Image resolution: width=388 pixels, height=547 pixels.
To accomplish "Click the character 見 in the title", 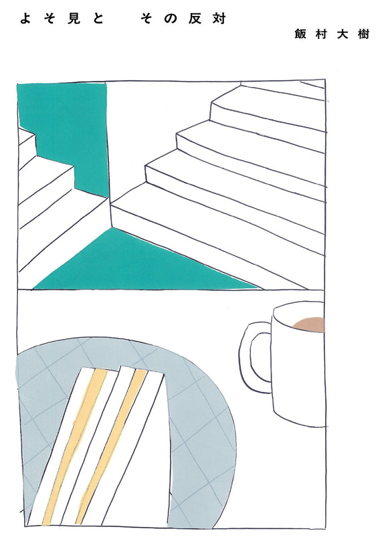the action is [x=74, y=19].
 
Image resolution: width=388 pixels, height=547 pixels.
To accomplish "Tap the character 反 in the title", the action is [x=195, y=19].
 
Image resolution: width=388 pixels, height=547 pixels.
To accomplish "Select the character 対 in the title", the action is [x=219, y=19].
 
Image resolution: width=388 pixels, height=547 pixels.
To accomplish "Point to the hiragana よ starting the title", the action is [x=25, y=19].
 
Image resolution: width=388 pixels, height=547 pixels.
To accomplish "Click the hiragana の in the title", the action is [x=171, y=19].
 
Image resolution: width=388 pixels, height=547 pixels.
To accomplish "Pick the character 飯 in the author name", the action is [x=300, y=34].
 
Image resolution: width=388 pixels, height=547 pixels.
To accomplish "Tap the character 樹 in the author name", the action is [x=363, y=34].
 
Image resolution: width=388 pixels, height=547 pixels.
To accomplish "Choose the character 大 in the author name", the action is [x=343, y=34].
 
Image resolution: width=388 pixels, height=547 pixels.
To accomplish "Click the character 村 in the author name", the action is [x=321, y=34].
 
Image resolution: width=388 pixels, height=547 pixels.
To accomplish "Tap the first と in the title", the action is [x=98, y=19].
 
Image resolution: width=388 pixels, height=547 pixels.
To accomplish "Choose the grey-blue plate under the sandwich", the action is [x=203, y=436].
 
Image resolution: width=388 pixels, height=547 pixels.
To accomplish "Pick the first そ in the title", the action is [x=50, y=19].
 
